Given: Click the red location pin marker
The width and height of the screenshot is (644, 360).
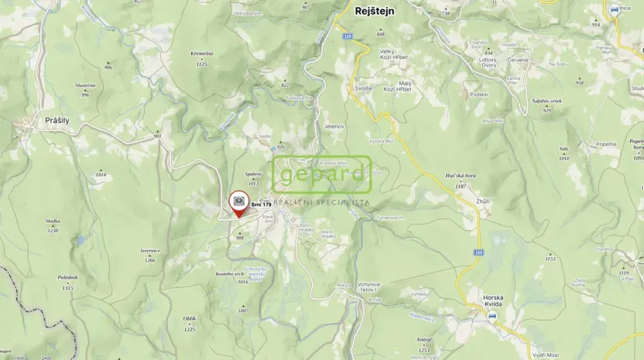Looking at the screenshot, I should click(x=239, y=203).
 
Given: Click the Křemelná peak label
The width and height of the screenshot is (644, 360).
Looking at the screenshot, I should click(x=200, y=53).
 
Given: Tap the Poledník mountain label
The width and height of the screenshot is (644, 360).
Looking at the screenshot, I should click(x=67, y=277).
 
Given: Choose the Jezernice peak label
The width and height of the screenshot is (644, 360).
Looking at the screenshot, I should click(x=149, y=250).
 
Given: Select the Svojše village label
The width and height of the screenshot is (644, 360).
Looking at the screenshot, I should click(x=364, y=88).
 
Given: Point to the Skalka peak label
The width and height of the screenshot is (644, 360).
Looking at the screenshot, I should click(x=53, y=221).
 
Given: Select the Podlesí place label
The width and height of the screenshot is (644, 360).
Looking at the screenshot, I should click(x=478, y=94).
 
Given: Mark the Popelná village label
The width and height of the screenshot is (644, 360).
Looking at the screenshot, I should click(x=605, y=144).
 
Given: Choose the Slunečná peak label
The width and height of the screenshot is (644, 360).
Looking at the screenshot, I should click(x=85, y=84).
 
